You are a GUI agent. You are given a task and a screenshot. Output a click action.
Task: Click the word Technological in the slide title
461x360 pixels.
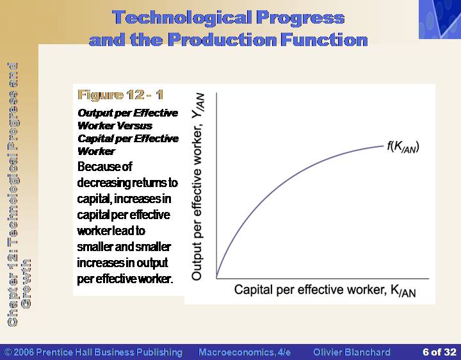click(182, 18)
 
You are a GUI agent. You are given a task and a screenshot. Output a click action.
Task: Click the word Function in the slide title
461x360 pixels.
click(324, 40)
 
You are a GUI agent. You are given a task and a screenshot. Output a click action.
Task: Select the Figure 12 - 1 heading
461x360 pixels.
click(120, 95)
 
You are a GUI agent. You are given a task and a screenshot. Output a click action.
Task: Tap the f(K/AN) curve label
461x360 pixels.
click(403, 147)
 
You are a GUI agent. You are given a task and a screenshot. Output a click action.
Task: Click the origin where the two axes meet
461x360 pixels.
click(216, 278)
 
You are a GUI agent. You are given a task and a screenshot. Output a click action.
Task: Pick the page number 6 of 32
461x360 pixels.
click(439, 352)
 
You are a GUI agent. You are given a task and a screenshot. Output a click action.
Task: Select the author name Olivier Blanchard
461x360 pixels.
click(352, 352)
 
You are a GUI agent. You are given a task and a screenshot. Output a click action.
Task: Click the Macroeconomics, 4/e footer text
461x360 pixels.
click(245, 352)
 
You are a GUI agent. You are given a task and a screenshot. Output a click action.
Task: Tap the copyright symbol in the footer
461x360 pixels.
click(8, 352)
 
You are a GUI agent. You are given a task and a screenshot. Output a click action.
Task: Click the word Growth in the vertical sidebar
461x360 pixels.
click(26, 284)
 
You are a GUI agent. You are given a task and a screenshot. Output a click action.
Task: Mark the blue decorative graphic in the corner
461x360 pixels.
click(440, 19)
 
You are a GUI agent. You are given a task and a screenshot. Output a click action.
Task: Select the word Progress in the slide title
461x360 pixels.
click(300, 18)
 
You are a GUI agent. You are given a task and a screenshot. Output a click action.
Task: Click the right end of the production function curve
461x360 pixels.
click(384, 146)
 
